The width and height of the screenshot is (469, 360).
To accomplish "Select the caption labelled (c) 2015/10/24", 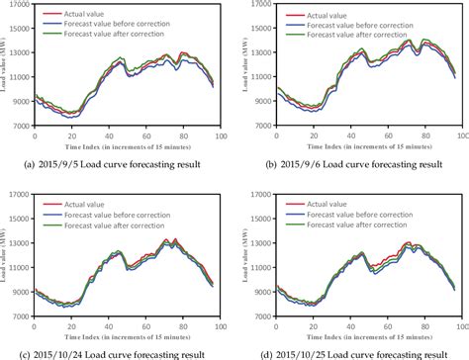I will [x=117, y=353].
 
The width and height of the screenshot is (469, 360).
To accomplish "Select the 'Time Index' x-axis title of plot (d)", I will [x=367, y=335].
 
